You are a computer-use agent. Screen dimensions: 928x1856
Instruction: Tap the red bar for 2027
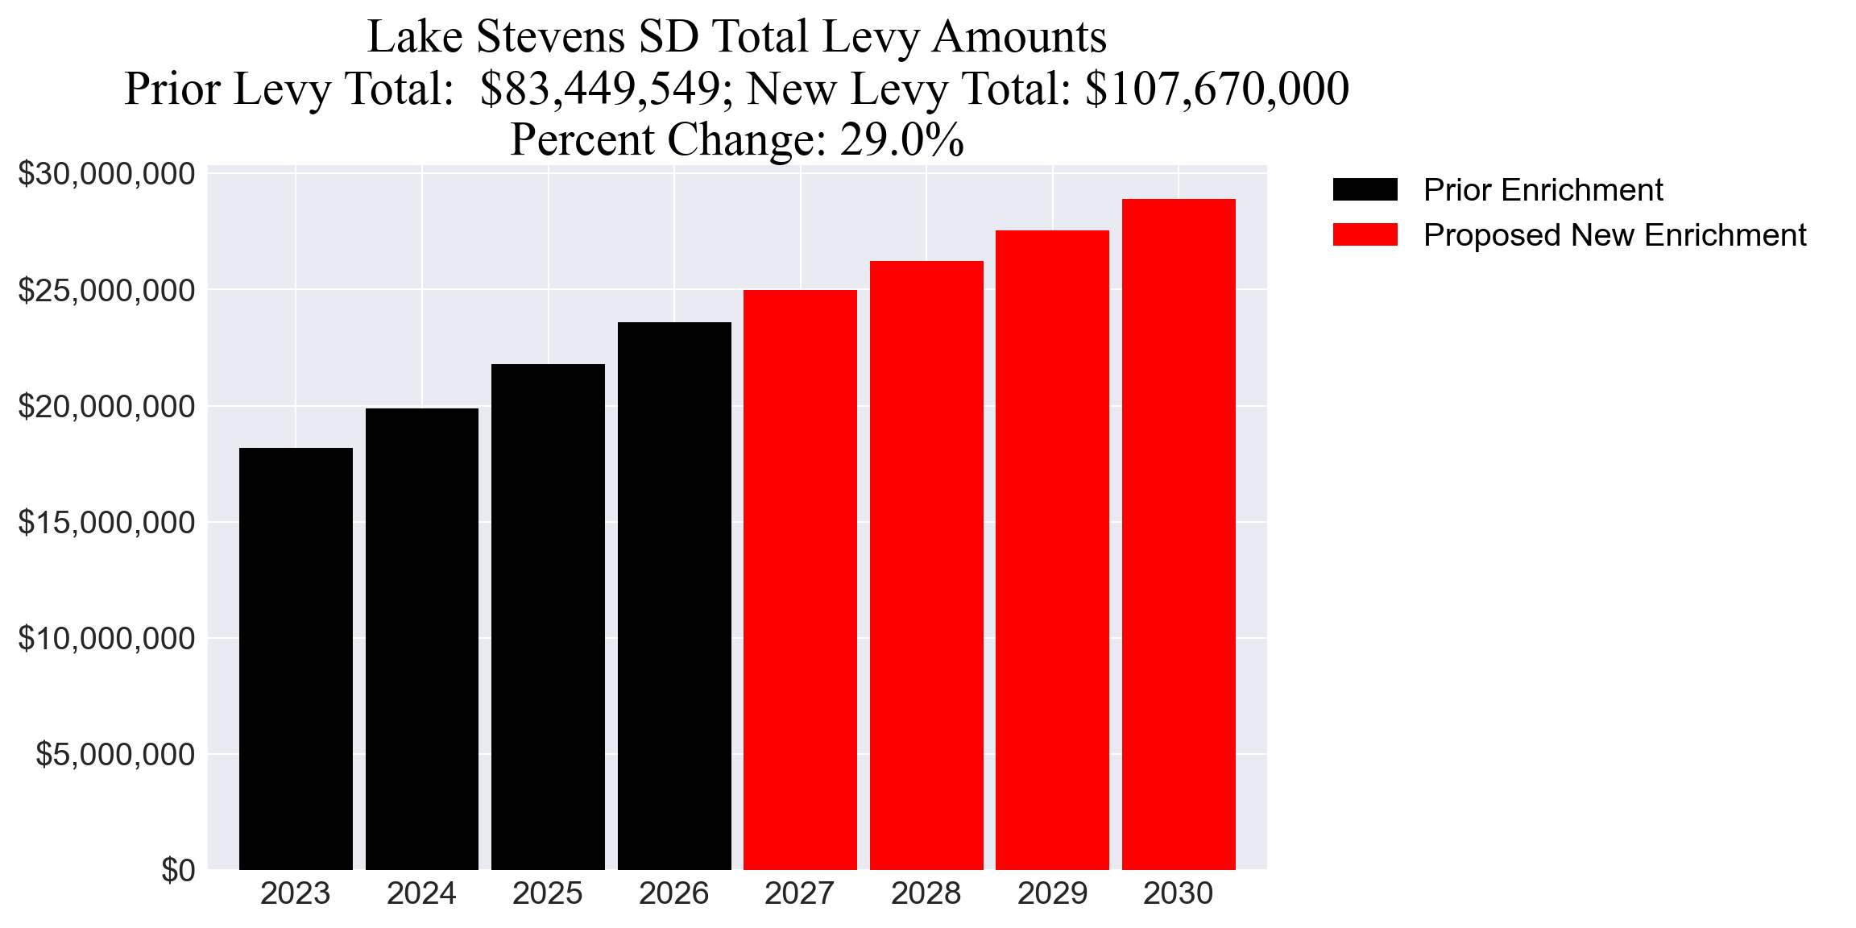(800, 579)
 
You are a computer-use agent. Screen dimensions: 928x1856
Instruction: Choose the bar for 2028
(926, 565)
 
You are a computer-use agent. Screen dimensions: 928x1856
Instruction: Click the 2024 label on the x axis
(421, 893)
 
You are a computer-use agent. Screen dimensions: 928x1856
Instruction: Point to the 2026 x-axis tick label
(673, 893)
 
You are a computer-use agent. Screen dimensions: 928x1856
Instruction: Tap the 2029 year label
(1052, 893)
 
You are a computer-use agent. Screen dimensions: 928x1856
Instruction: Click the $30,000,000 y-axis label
(106, 174)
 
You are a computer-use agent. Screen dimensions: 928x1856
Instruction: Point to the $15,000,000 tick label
(106, 523)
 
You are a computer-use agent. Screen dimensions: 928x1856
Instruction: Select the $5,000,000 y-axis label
(115, 755)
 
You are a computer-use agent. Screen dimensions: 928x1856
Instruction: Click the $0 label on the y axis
(178, 871)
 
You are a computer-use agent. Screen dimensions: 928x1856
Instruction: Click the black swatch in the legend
(1365, 190)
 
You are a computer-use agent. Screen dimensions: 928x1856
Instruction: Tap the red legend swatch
(1365, 235)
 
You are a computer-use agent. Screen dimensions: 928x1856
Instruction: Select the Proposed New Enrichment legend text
(1614, 235)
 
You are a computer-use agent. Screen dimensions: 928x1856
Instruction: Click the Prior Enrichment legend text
(1543, 190)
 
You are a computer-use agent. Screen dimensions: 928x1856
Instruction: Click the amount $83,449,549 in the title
(600, 89)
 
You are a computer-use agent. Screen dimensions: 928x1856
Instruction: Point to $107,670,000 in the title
(1216, 89)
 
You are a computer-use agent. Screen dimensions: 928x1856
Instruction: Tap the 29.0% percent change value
(901, 140)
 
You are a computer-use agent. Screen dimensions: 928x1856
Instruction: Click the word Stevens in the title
(551, 37)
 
